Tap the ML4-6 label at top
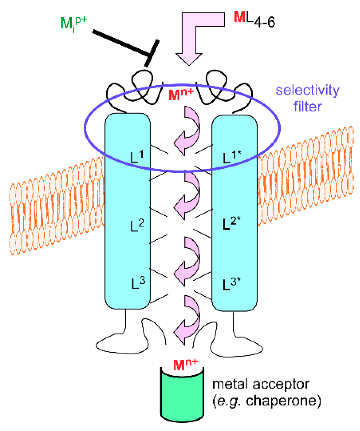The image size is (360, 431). (254, 20)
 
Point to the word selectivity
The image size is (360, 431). (307, 90)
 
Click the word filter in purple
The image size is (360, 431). (307, 106)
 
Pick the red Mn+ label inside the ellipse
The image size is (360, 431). (181, 94)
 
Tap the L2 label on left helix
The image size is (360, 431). (137, 225)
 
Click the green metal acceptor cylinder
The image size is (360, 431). (182, 398)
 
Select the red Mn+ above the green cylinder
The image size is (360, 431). (185, 364)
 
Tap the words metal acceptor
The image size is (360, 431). (260, 384)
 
